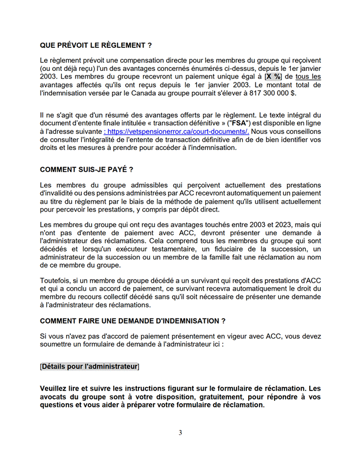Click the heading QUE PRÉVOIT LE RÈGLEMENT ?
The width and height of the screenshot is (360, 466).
(x=96, y=45)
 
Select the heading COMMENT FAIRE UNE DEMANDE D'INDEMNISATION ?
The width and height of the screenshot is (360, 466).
(x=132, y=321)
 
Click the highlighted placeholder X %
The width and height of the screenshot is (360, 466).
(x=273, y=76)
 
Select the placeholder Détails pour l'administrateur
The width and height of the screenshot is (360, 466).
(x=89, y=366)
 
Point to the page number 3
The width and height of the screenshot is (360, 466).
(x=180, y=433)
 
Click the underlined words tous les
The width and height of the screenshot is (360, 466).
(x=308, y=76)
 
